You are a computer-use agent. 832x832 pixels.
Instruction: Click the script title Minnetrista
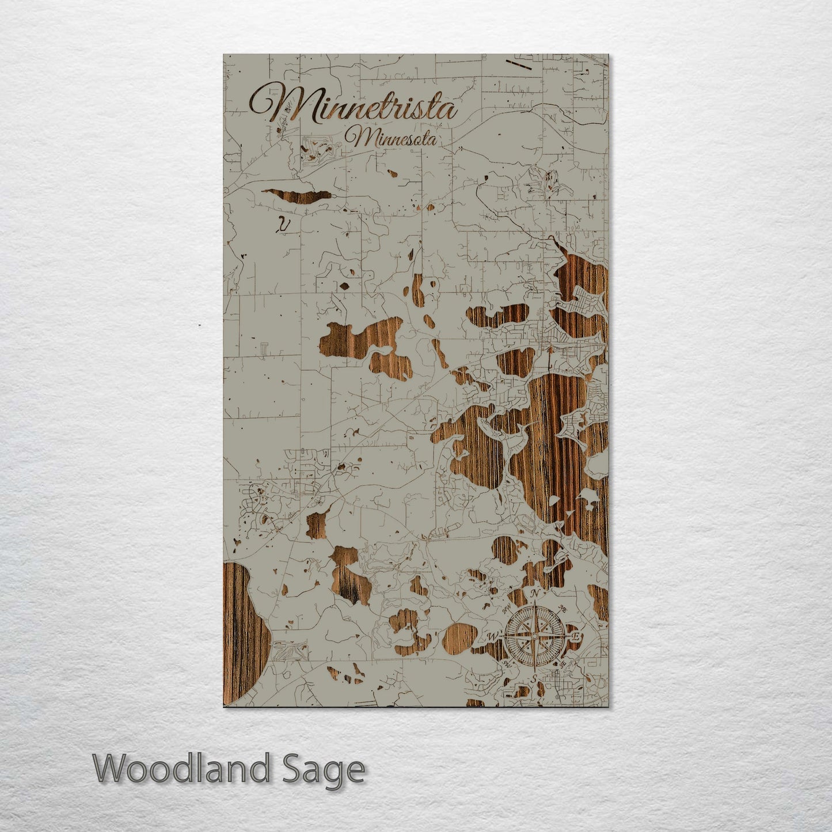coord(352,105)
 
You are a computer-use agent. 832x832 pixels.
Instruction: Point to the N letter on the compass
coord(534,594)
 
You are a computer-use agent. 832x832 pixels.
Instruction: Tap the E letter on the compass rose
coord(575,636)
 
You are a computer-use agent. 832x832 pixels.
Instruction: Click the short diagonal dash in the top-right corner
coord(523,65)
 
